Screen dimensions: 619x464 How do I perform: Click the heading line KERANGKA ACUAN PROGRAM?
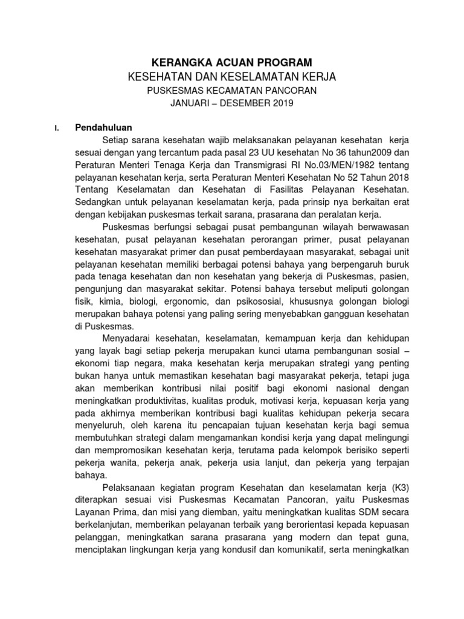click(231, 62)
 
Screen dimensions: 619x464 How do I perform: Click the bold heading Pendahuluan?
click(104, 128)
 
